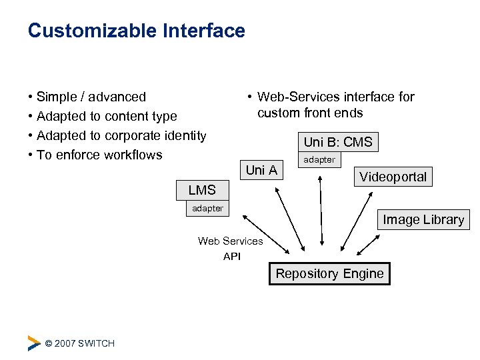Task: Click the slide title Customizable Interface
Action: (137, 31)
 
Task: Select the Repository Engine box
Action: (329, 273)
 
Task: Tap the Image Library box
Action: (423, 219)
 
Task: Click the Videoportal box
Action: (393, 177)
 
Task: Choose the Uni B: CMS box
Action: (338, 142)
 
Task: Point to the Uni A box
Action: (261, 170)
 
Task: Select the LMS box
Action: (202, 190)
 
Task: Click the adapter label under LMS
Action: (207, 208)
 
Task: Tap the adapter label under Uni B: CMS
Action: (319, 159)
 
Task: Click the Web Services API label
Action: (231, 249)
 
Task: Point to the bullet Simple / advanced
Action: (91, 97)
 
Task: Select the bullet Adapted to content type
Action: (107, 117)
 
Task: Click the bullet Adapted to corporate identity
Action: (121, 136)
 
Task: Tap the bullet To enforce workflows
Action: (99, 155)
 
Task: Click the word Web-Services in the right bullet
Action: (299, 97)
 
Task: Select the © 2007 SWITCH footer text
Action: (79, 343)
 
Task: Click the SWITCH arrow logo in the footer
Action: (34, 343)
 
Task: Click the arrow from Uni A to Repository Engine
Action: (292, 220)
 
